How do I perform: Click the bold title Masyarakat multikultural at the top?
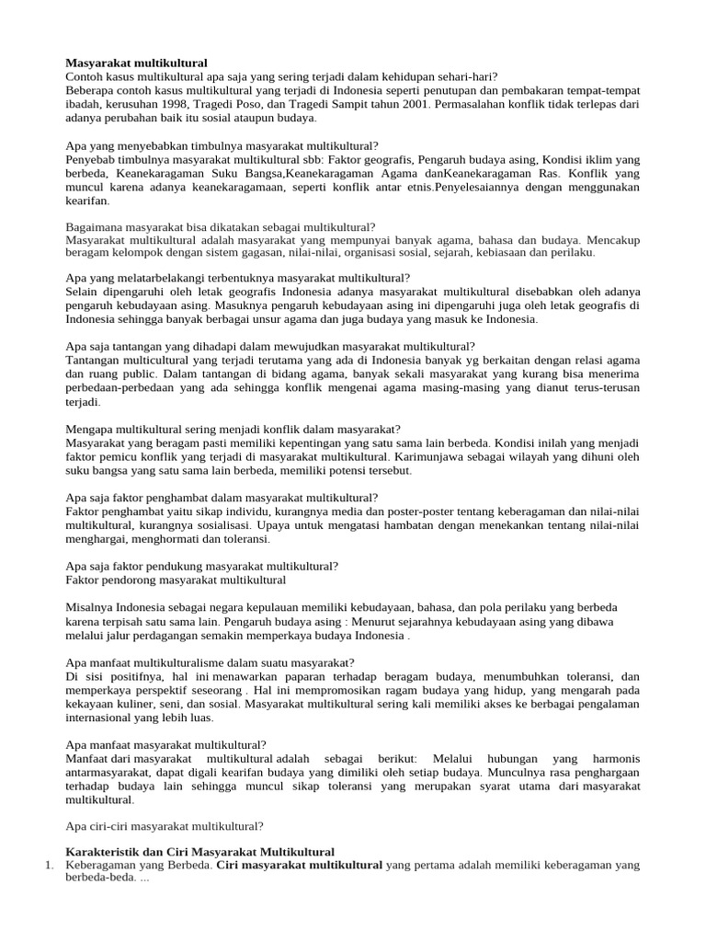click(137, 63)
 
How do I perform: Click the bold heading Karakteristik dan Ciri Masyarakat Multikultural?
click(200, 851)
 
